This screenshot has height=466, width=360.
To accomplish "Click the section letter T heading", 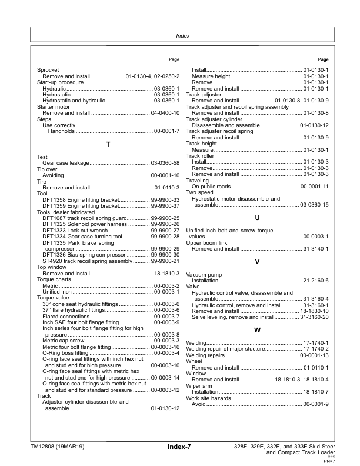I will click(x=108, y=144).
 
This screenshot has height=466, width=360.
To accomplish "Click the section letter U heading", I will click(x=257, y=218).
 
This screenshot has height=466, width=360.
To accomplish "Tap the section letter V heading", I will click(x=257, y=261).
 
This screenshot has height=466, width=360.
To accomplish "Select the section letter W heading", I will click(x=257, y=330).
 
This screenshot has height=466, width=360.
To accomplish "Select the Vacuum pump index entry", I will click(x=204, y=275).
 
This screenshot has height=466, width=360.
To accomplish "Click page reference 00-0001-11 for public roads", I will click(x=314, y=187).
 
